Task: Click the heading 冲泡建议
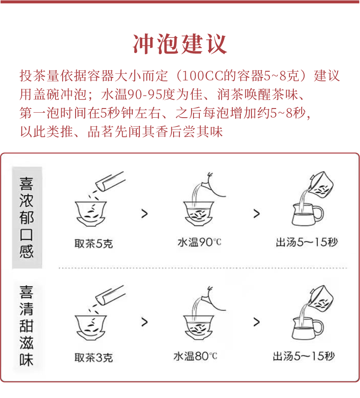point(180,43)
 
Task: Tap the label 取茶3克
point(93,358)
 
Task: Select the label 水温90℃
point(199,242)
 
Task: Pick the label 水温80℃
point(195,356)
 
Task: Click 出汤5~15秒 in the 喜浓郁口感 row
point(307,242)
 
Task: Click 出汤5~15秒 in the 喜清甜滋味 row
point(304,356)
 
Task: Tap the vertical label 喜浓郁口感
point(27,218)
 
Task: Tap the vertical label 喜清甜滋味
point(27,325)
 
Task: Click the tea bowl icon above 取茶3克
point(91,325)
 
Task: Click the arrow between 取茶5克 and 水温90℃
point(144,214)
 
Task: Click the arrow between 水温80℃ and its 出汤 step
point(256,322)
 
